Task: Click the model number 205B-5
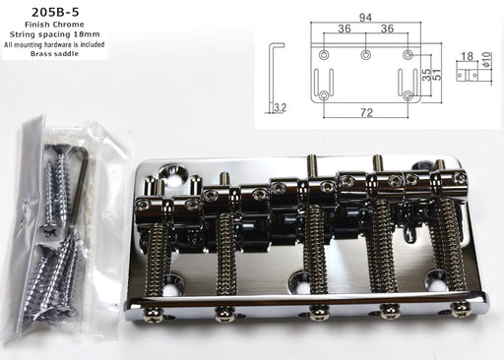tap(55, 12)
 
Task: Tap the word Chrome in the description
tap(69, 25)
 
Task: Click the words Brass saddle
tap(54, 53)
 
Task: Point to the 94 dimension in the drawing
tap(365, 18)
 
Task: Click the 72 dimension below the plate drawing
tap(366, 113)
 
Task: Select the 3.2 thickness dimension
tap(280, 107)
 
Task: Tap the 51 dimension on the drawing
tap(437, 75)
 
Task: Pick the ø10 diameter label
tap(486, 59)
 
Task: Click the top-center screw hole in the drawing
tap(365, 54)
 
